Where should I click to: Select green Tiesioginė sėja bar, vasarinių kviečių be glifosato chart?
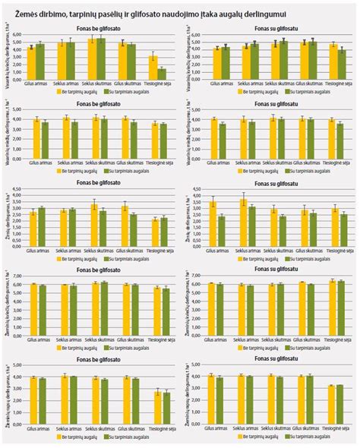(x=161, y=71)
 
